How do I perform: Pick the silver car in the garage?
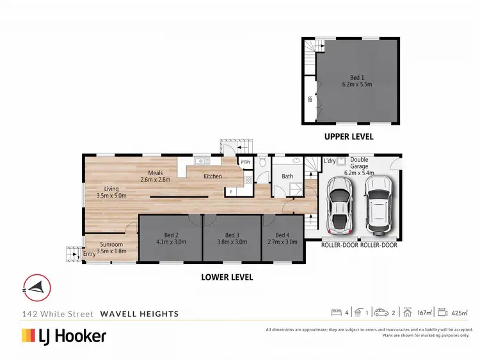click(339, 205)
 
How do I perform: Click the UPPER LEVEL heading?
click(348, 137)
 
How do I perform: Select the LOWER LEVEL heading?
click(227, 278)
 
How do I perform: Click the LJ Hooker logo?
click(64, 335)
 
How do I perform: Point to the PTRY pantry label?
click(246, 162)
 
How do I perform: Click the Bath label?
click(287, 176)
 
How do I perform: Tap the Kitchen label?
click(212, 176)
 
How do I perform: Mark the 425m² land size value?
click(460, 313)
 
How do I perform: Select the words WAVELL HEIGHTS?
click(140, 314)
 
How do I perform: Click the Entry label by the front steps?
click(90, 254)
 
